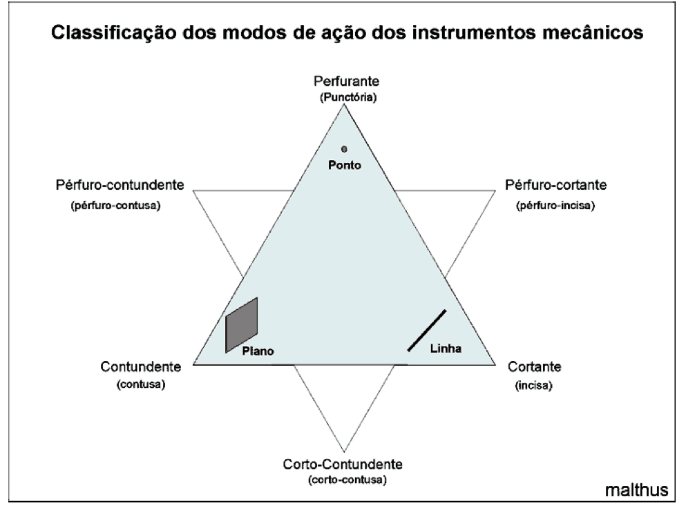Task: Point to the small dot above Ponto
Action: click(344, 148)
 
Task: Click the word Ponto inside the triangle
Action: click(344, 165)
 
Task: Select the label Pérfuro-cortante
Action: click(555, 186)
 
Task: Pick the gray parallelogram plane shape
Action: click(242, 324)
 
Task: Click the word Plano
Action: click(258, 351)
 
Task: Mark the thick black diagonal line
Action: click(427, 331)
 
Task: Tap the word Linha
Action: click(446, 348)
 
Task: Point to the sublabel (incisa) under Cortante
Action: click(534, 386)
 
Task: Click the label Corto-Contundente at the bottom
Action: click(343, 464)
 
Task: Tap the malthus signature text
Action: click(636, 490)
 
